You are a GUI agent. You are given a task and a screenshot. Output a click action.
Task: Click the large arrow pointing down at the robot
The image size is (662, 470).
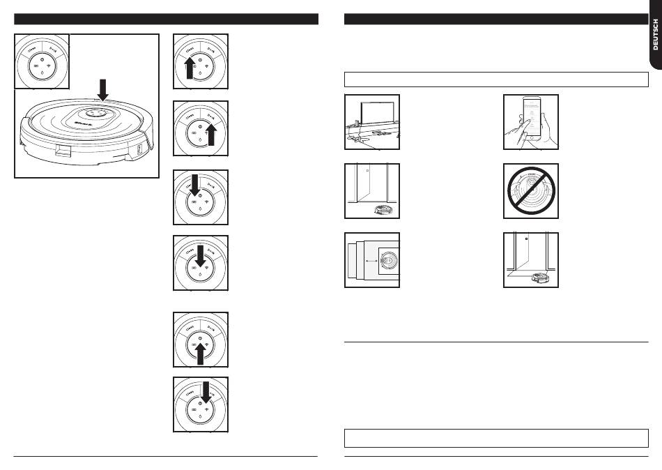(102, 89)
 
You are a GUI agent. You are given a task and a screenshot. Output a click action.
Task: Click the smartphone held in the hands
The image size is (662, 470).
(531, 121)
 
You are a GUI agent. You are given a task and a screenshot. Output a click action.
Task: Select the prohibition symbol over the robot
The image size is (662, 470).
(531, 190)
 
